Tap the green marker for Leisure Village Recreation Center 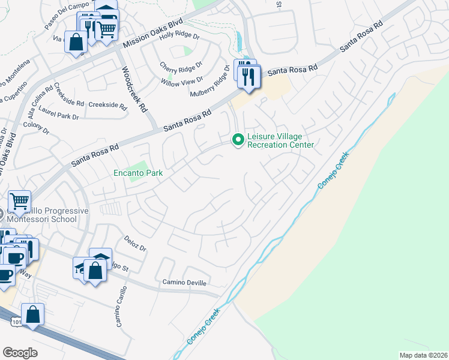click(x=238, y=140)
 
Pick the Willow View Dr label click(x=182, y=80)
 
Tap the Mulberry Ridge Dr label click(x=211, y=85)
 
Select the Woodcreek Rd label click(x=134, y=89)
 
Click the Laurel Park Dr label click(x=59, y=113)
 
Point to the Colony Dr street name click(x=35, y=125)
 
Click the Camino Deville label click(x=184, y=282)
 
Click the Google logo click(x=20, y=352)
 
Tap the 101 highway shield click(x=14, y=323)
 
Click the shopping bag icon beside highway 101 click(x=33, y=314)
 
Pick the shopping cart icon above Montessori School click(x=19, y=201)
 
